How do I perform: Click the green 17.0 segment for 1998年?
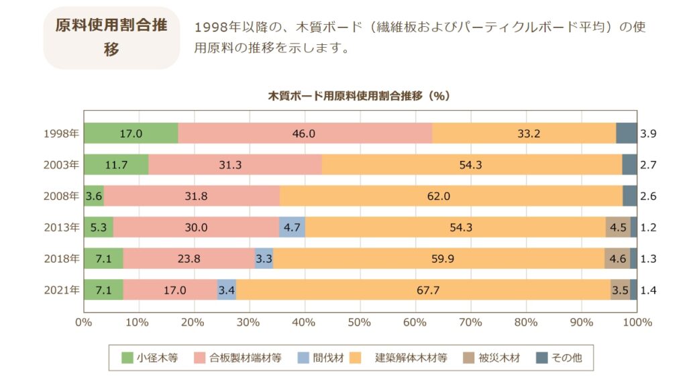coord(131,133)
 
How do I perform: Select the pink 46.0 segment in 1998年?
coord(305,133)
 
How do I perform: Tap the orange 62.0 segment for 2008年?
coord(451,196)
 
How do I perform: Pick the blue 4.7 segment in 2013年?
coord(292,227)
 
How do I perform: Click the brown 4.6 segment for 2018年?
coord(617,258)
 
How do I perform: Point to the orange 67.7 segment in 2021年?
coord(423,290)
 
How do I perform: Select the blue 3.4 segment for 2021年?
coord(226,290)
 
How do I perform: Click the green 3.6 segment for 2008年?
coord(94,196)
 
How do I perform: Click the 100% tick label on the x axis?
coord(637,322)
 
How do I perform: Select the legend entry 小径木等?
coord(150,358)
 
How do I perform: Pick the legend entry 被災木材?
coord(496,358)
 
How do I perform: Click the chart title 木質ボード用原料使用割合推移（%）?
coord(360,96)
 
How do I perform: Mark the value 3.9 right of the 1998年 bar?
coord(648,133)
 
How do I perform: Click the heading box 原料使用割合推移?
coord(111,38)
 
